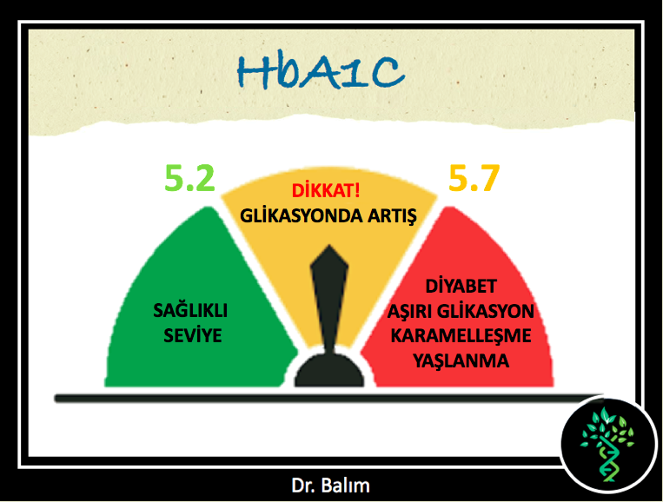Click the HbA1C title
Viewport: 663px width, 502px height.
321,72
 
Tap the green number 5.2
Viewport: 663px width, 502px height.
189,178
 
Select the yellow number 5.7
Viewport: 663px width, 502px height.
474,178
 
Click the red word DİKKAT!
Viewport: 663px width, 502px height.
326,191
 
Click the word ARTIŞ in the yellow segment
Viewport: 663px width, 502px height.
392,216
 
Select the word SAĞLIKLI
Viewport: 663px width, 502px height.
190,310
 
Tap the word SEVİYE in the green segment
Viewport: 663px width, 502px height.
192,335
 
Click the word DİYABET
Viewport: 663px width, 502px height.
461,286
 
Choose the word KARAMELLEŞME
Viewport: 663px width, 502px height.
461,336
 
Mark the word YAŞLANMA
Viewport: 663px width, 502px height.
461,360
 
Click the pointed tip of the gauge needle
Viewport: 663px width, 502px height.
329,246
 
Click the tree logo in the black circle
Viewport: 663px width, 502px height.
607,445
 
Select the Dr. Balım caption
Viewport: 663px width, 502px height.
330,485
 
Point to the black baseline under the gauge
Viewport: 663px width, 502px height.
329,398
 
